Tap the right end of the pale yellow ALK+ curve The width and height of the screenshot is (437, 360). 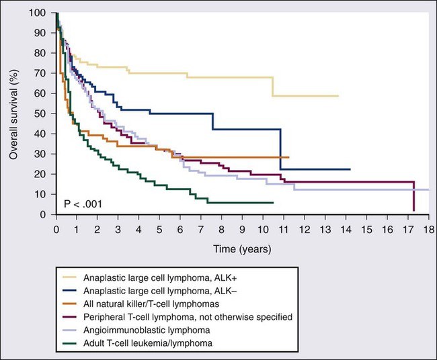click(338, 96)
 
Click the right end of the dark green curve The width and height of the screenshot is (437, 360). click(273, 202)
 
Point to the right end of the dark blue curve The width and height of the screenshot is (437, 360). click(350, 169)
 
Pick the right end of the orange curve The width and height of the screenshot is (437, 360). click(289, 157)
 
